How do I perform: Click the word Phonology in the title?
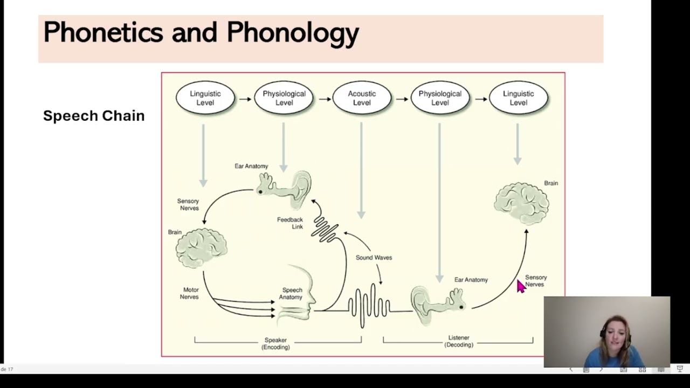(293, 32)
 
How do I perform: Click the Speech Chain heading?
(94, 116)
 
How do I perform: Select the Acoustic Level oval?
(362, 98)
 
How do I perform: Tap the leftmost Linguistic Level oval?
(205, 98)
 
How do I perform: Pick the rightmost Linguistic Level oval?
(518, 98)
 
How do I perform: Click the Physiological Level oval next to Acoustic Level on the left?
(284, 98)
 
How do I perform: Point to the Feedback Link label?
(290, 223)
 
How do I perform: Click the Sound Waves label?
(374, 258)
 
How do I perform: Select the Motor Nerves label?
(189, 293)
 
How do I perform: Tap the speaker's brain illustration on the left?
(201, 248)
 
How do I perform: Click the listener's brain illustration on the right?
(521, 203)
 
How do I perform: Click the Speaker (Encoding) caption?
(275, 344)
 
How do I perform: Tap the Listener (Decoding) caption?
(459, 341)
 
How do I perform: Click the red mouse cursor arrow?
(520, 286)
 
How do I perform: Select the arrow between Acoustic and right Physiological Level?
(402, 99)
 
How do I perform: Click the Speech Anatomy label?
(291, 294)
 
